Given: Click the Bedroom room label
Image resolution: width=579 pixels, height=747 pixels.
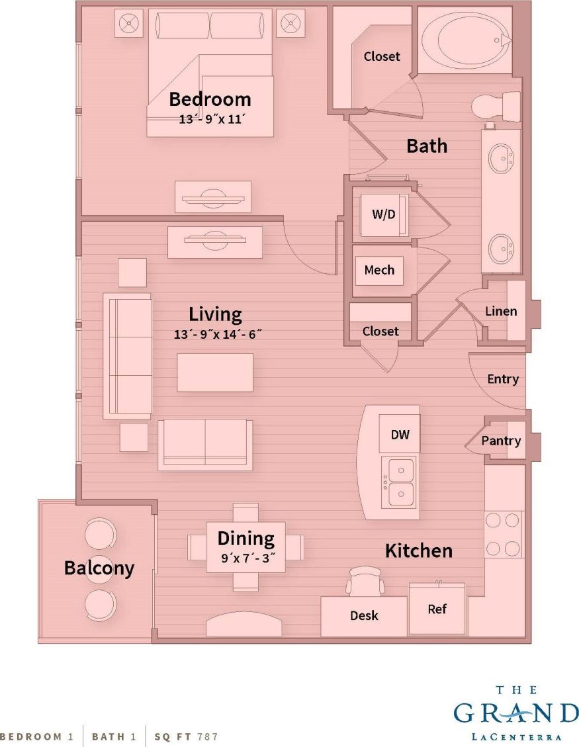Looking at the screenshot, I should tap(210, 99).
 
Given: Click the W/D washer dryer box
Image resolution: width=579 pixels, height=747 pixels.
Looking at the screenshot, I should tap(383, 214).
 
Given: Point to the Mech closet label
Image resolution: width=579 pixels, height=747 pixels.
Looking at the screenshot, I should tap(379, 270).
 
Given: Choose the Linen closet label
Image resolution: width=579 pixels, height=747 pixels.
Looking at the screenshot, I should tap(501, 311).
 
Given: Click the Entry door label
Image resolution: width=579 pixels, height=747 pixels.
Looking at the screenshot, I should tap(503, 379).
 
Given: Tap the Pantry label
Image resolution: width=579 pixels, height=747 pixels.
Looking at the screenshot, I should tap(501, 441).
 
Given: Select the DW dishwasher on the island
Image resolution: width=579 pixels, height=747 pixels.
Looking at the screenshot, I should tap(400, 435).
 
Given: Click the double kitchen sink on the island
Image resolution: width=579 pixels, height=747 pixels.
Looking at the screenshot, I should tap(399, 482).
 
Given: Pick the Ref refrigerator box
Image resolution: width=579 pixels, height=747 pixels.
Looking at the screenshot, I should tap(437, 609).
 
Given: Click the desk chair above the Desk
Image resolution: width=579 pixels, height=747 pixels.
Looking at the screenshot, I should tap(365, 581).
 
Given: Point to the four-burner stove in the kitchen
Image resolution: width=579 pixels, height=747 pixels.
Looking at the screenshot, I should tap(503, 534).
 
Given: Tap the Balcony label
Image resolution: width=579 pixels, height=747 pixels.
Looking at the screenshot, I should tap(99, 568).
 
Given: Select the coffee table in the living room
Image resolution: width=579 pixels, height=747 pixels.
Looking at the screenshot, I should tap(215, 372).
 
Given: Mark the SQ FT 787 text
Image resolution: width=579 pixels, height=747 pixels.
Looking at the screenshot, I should tap(186, 736).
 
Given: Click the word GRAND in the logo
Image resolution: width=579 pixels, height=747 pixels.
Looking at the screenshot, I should tap(516, 713).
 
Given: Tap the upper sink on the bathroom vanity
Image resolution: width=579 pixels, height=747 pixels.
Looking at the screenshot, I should tap(500, 158).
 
